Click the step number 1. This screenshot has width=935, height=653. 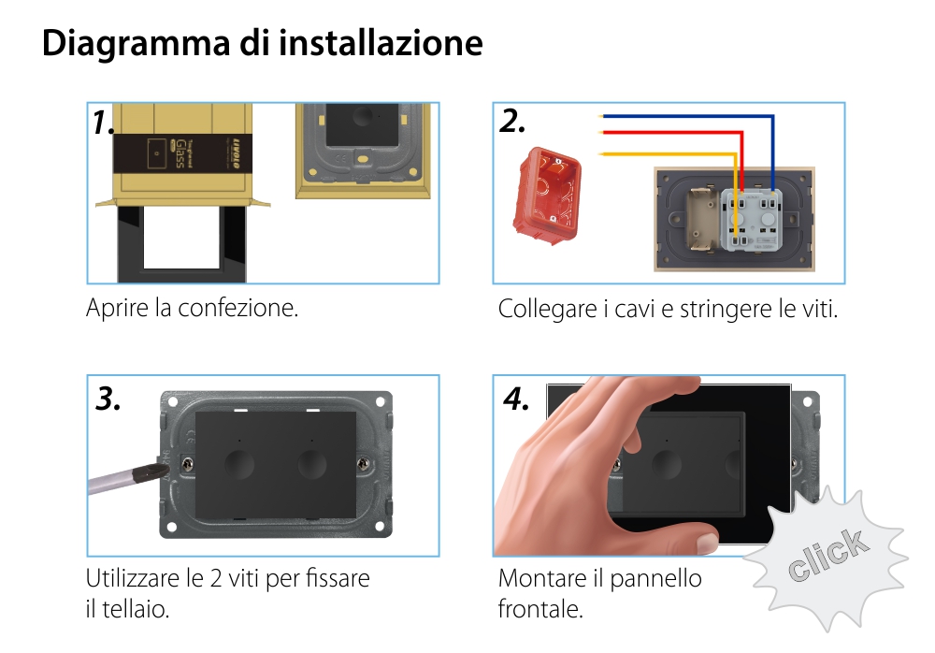click(104, 122)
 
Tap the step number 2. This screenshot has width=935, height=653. click(512, 122)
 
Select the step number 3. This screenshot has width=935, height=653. click(108, 399)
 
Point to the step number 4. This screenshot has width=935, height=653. click(516, 399)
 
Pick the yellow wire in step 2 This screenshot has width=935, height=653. click(664, 153)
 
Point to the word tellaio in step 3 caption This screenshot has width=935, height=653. click(135, 609)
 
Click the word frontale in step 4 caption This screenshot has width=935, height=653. click(540, 609)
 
